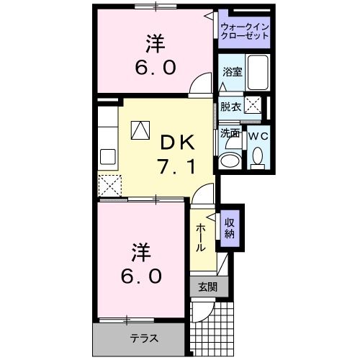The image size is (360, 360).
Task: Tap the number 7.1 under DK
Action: [x=174, y=166]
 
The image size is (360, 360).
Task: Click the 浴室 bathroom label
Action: [x=231, y=73]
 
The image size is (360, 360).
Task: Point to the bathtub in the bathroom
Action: [x=257, y=73]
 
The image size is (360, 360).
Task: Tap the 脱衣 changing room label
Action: [x=230, y=107]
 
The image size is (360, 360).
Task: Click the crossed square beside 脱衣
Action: [x=253, y=104]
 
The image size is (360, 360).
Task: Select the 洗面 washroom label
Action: [x=230, y=134]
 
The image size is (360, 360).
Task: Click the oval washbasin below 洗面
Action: [x=230, y=160]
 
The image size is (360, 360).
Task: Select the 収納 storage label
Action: [x=229, y=228]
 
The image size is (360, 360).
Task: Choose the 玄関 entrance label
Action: [x=207, y=287]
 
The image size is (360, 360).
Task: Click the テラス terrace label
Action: [x=144, y=338]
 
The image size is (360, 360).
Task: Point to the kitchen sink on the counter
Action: [x=108, y=156]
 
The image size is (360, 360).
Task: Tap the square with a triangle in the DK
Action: [x=139, y=130]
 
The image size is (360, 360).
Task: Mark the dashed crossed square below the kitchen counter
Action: [x=109, y=186]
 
